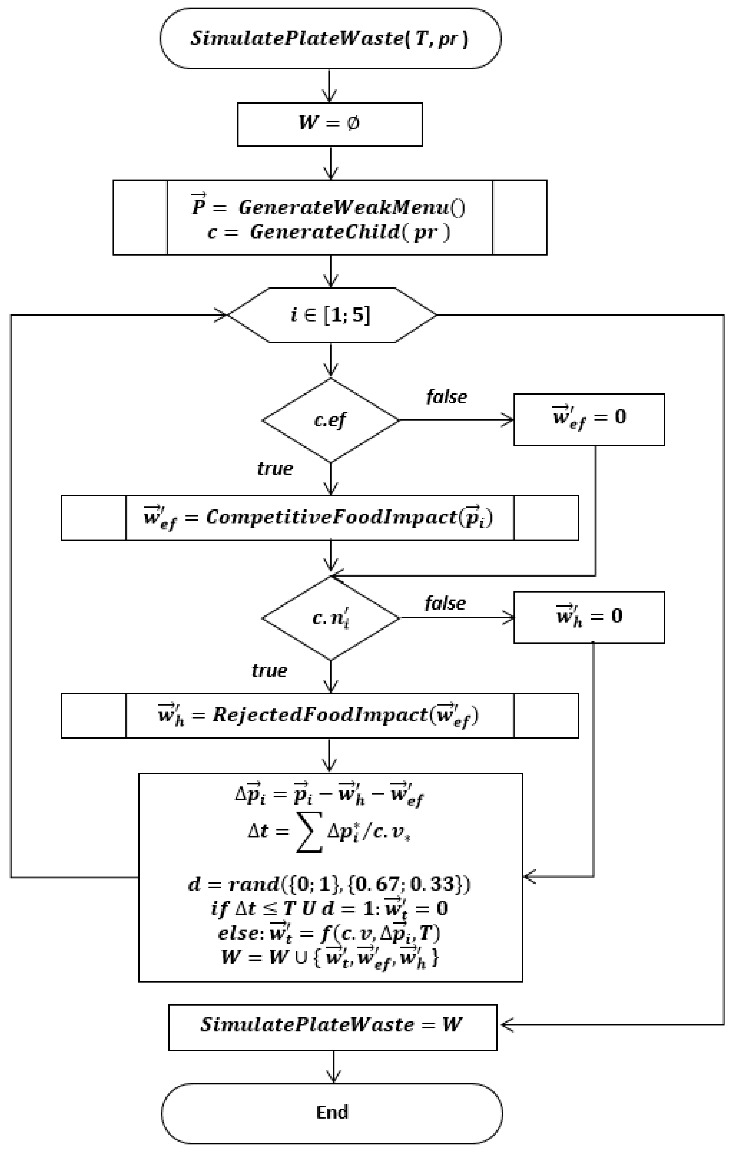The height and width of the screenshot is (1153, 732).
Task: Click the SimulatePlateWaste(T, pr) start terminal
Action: point(330,38)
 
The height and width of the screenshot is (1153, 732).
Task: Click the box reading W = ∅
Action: point(330,124)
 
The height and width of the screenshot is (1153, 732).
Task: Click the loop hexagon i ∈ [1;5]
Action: point(331,315)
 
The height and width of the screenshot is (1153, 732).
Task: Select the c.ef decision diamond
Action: point(330,420)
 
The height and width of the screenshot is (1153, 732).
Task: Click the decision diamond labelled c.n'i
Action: point(330,618)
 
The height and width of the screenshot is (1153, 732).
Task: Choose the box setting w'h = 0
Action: point(589,617)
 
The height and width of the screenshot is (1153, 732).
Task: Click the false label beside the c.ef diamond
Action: point(446,397)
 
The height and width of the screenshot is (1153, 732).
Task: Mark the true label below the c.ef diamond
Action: point(275,468)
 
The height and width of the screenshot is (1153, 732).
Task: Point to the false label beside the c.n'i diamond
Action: point(445,603)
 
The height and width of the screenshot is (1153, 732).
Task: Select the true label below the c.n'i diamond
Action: point(269,670)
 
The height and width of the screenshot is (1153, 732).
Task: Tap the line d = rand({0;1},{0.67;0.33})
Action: point(329,884)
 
